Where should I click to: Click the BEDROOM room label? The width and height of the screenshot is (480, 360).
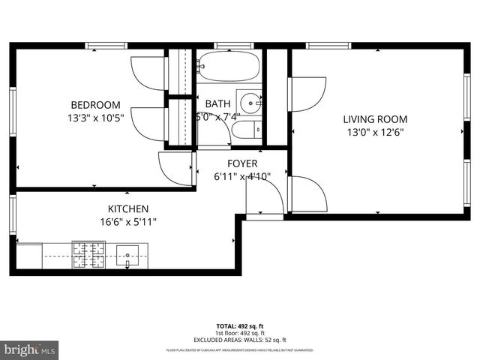(96, 105)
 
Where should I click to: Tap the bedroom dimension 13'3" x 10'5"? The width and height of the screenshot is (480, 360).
(96, 118)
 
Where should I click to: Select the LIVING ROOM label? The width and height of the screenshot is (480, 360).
(375, 118)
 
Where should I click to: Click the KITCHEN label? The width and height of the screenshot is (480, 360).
(127, 208)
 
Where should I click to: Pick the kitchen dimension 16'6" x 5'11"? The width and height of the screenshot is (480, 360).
(127, 221)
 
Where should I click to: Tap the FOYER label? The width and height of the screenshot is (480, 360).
(242, 163)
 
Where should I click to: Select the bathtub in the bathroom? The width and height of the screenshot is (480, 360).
(229, 67)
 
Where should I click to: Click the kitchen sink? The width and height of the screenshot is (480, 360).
(128, 255)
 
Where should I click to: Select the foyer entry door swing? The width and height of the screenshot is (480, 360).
(264, 196)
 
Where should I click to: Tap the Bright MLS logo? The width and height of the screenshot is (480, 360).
(30, 349)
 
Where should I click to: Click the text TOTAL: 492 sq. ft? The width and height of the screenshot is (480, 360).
(240, 326)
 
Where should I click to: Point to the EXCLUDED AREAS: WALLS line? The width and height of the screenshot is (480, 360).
(240, 340)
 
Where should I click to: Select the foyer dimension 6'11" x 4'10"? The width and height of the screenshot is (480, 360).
(242, 177)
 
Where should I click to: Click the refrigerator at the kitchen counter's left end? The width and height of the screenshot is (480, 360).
(30, 255)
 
